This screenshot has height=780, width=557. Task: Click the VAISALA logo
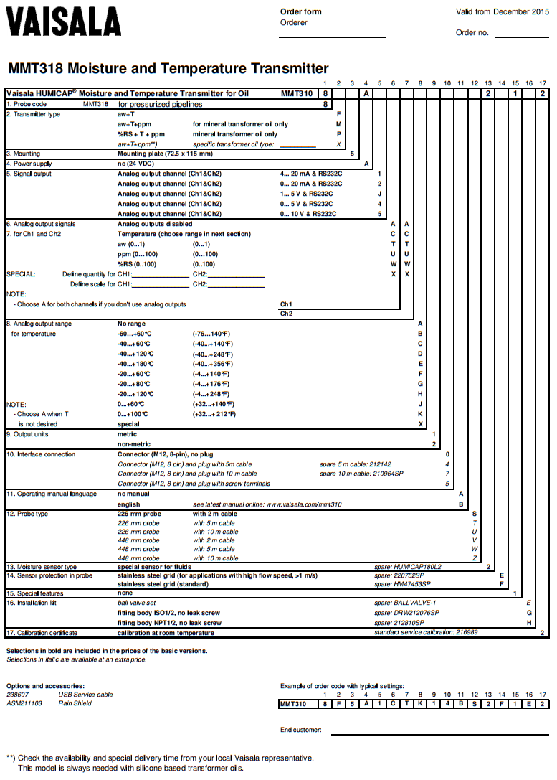64,22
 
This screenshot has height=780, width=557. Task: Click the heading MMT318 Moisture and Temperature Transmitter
168,69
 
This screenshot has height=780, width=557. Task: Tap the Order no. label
472,32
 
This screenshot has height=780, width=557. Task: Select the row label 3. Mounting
24,154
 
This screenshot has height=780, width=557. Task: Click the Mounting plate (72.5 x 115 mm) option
165,154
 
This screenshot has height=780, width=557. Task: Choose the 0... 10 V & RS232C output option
308,214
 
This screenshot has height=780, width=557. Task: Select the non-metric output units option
134,444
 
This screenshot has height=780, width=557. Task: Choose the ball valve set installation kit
136,603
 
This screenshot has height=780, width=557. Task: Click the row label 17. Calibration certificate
42,633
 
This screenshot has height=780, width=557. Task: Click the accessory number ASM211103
24,703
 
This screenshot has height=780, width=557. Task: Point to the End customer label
301,730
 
